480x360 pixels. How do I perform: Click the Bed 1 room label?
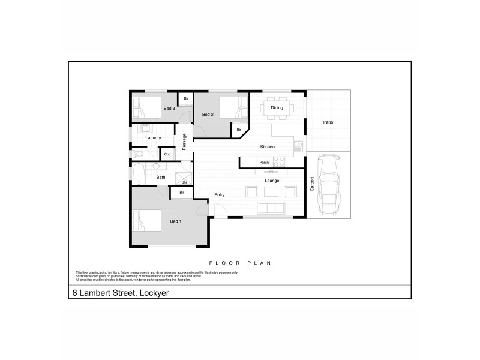176,222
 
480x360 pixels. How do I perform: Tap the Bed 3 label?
169,109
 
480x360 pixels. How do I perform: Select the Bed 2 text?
208,114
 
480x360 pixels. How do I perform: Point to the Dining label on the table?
277,108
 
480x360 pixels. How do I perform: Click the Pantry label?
264,162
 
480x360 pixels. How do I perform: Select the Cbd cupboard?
167,154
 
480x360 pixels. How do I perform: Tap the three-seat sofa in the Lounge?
271,208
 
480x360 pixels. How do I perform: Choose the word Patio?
328,122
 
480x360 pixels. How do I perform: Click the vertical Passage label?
184,141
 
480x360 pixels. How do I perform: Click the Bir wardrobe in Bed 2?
239,130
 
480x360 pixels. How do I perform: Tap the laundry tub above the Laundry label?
145,128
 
